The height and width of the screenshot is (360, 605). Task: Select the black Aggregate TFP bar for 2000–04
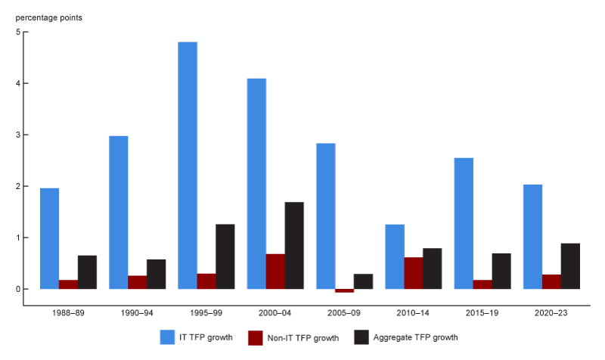[294, 245]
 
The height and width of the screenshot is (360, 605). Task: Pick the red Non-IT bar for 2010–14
[413, 273]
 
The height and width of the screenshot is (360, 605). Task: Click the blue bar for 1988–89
[49, 238]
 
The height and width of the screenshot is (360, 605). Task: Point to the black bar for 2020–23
[570, 265]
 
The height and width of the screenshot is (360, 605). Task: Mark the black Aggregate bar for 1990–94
[157, 274]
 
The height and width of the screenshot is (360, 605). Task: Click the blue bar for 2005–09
[326, 216]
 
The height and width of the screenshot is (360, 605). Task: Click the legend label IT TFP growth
[209, 337]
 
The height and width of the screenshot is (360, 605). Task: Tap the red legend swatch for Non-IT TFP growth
[256, 337]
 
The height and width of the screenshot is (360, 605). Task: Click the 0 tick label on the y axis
[17, 289]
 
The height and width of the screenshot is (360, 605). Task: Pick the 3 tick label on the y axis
[17, 135]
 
